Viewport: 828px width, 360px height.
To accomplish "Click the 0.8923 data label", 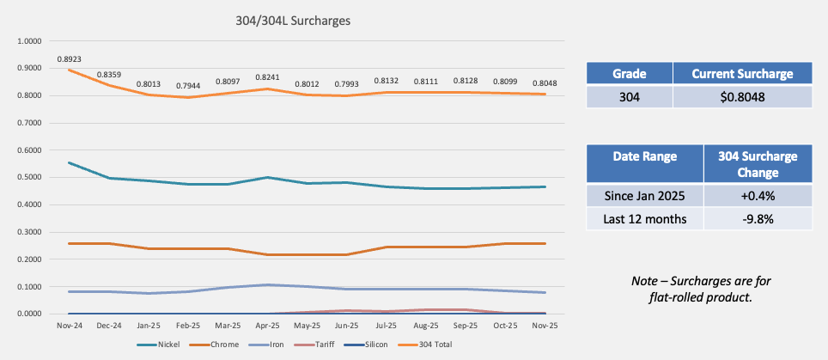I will [69, 58].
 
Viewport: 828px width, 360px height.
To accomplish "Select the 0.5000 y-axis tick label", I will [30, 177].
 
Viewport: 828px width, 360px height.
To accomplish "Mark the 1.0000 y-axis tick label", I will [30, 40].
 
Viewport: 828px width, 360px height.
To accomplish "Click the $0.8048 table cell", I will [742, 96].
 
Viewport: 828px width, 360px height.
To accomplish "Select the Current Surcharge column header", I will [742, 74].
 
